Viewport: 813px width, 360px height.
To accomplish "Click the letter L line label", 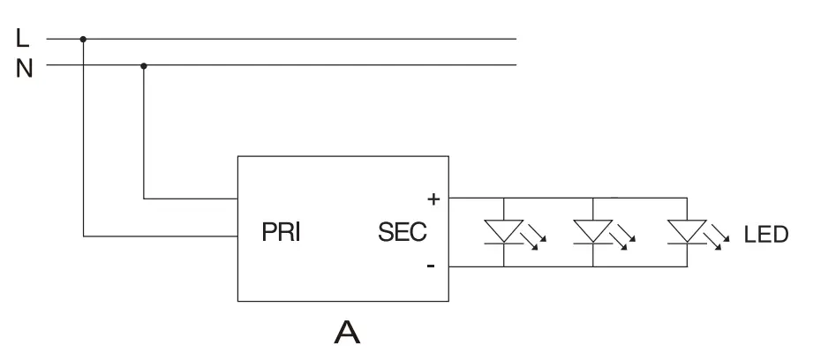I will [x=23, y=38].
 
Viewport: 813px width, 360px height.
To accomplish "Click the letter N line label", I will [x=24, y=66].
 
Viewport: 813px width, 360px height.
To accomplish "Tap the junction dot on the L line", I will [x=84, y=39].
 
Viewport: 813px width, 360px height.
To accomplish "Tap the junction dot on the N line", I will [x=144, y=65].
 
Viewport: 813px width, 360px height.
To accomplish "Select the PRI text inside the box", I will [x=281, y=234].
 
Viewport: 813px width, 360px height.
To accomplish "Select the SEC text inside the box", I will [x=402, y=234].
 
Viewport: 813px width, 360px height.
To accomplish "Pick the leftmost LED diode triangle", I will [x=503, y=231].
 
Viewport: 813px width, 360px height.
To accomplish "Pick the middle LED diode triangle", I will [x=592, y=231].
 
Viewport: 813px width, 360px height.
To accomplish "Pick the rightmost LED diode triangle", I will [x=686, y=231].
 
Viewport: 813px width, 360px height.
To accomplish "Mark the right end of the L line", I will [x=516, y=39].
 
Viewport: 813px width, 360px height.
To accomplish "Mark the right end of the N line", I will [x=516, y=65].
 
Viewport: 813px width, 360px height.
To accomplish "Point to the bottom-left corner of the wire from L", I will [x=84, y=236].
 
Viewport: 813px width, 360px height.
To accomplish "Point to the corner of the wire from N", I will [x=144, y=199].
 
